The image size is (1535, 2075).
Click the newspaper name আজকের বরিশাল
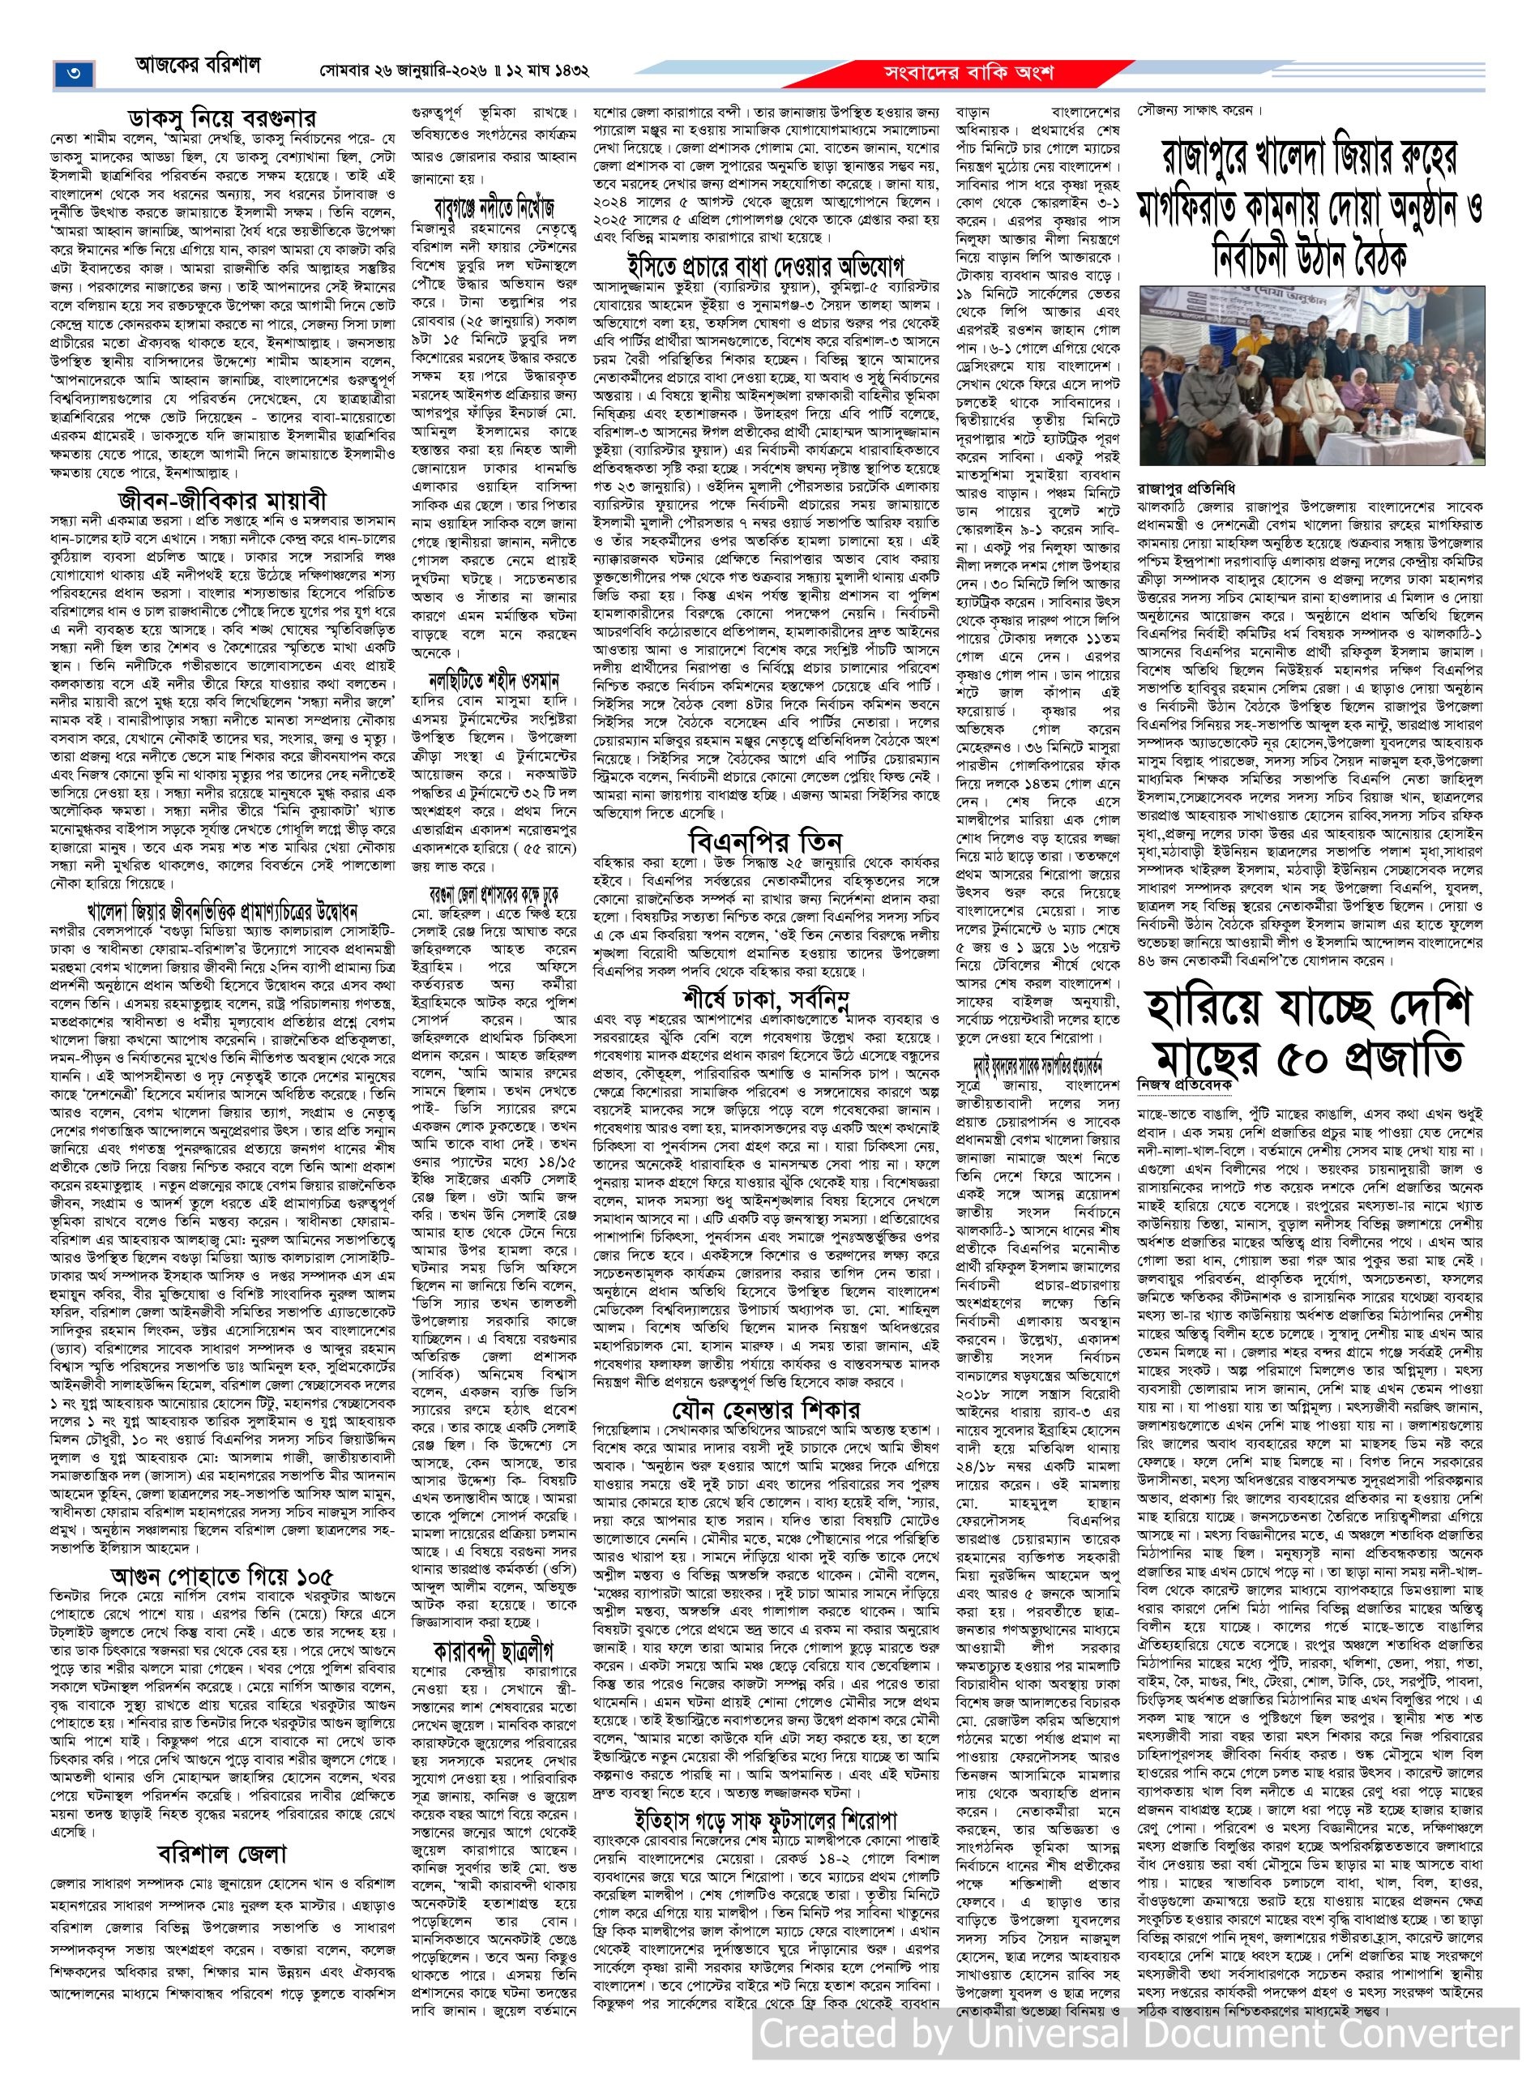pyautogui.click(x=198, y=67)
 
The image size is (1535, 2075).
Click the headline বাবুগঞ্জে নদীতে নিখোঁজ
pyautogui.click(x=494, y=203)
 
